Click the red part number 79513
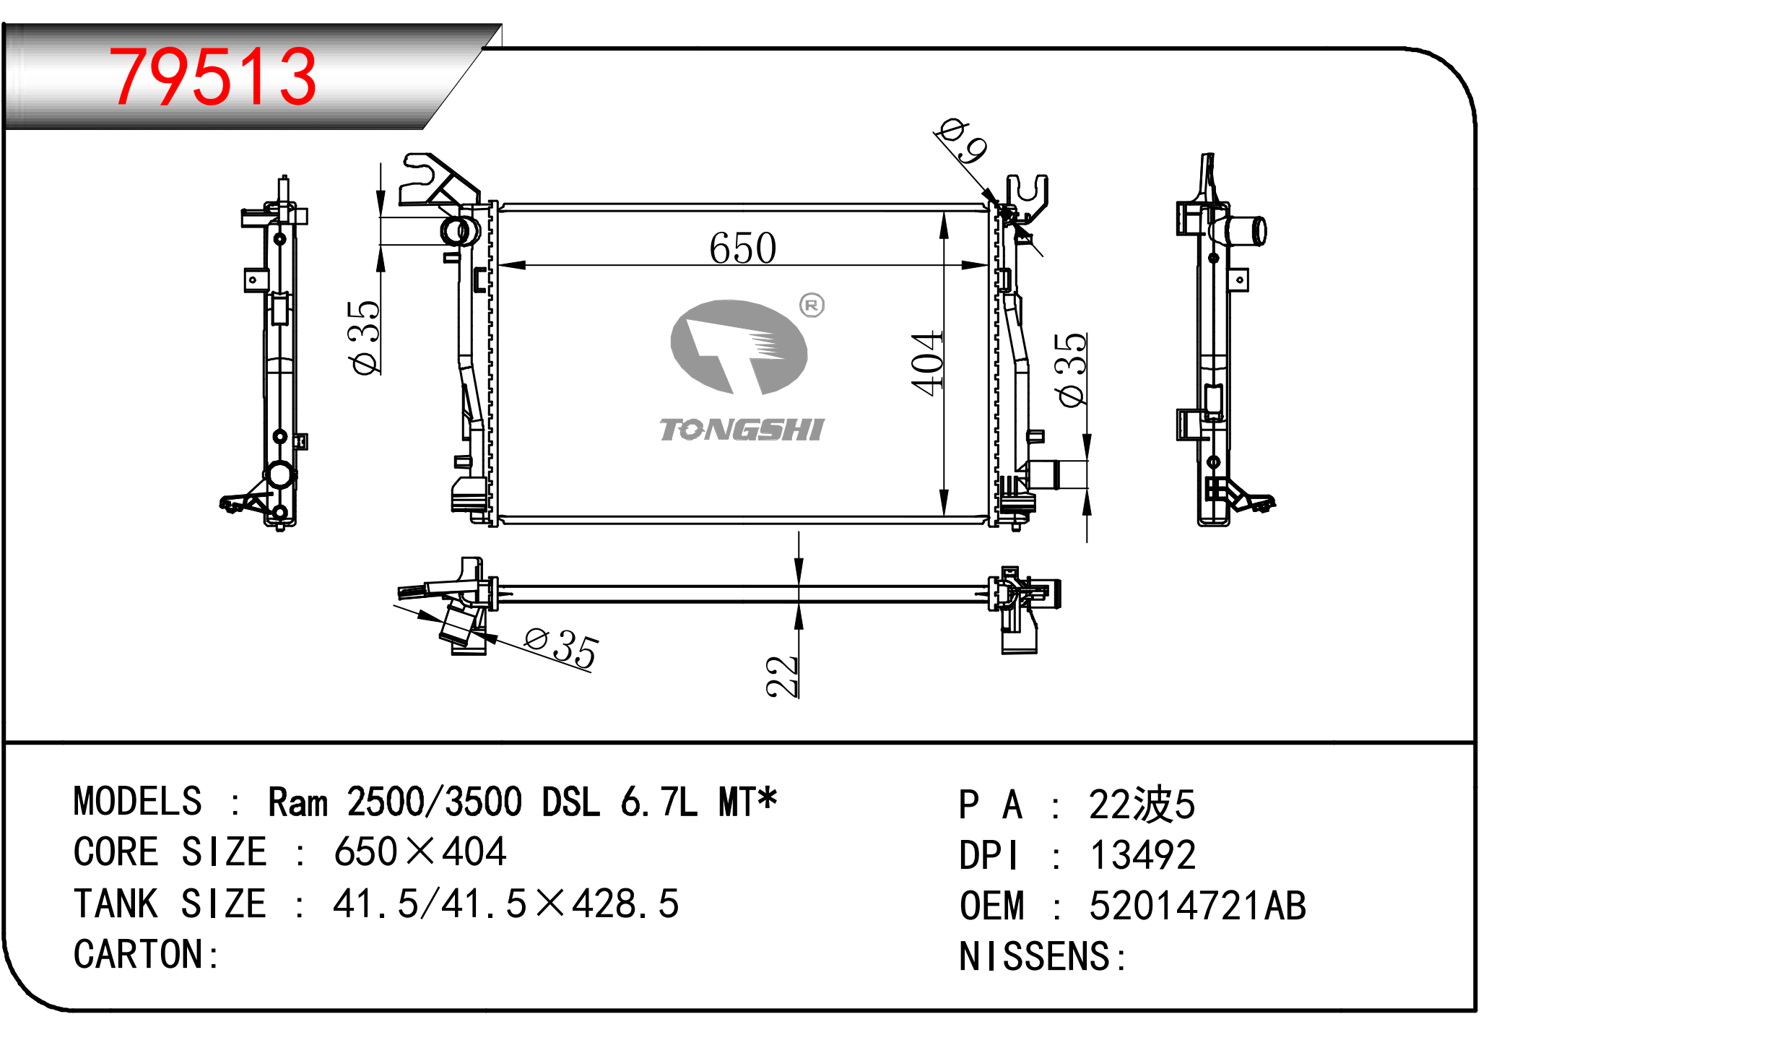click(212, 76)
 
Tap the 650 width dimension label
click(742, 248)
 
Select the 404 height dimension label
click(927, 363)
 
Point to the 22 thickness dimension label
click(782, 677)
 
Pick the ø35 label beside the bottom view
click(561, 648)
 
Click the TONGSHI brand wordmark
click(742, 430)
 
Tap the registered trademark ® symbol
click(812, 305)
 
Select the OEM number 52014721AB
click(1198, 906)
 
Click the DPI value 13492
click(1142, 855)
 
